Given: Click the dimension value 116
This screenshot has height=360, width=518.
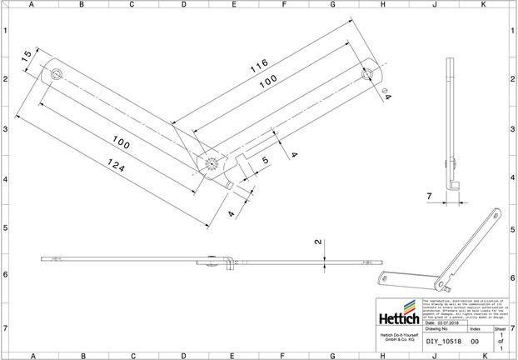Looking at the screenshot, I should point(259,64).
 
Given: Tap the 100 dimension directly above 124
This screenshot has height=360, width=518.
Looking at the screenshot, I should point(122,144).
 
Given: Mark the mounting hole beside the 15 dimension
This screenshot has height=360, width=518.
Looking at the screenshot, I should point(56,74).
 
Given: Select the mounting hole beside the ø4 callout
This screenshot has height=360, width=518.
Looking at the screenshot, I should point(366,73).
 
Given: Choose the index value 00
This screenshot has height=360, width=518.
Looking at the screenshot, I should point(475,341).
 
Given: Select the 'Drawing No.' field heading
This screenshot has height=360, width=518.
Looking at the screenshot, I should point(436,329).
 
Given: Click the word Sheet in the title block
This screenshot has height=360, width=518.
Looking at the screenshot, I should point(500,329).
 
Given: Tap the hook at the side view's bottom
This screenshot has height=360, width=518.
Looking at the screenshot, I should point(455,184).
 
